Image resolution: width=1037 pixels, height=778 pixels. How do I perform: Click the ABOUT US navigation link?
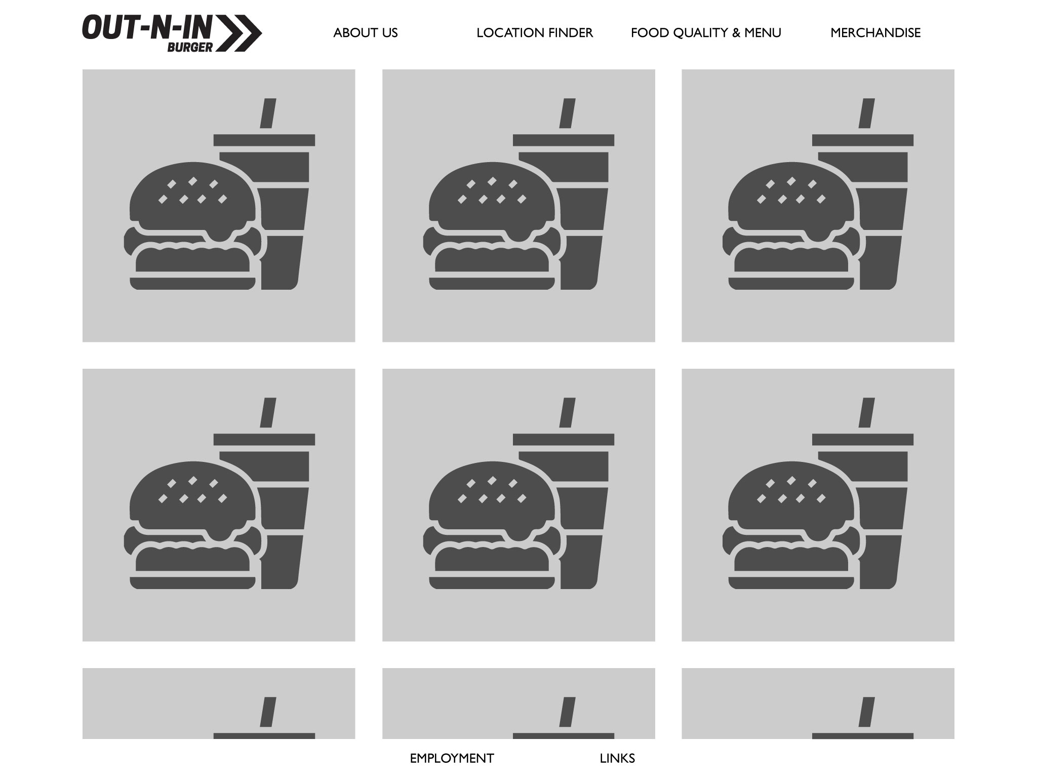[365, 33]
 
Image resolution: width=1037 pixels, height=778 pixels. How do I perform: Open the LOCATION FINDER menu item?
[535, 33]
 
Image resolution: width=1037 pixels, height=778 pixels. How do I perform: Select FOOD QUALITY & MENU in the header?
[706, 33]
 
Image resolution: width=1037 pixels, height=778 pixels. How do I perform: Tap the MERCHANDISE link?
[875, 33]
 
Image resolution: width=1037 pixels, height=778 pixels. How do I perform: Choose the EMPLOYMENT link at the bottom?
[452, 758]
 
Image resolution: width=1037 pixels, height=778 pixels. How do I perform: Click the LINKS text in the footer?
[617, 758]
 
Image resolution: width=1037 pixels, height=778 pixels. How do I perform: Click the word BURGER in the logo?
[190, 47]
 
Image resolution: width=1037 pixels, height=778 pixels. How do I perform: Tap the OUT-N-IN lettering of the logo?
[147, 27]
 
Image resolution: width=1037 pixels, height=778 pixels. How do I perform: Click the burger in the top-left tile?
[192, 226]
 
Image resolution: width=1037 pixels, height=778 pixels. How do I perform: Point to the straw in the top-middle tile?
[567, 113]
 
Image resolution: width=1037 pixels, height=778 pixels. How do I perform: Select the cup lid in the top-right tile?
[863, 140]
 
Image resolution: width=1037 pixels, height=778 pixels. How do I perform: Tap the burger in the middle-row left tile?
[192, 525]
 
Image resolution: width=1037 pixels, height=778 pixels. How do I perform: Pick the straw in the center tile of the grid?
[567, 412]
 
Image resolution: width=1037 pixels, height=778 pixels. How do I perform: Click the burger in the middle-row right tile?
[791, 525]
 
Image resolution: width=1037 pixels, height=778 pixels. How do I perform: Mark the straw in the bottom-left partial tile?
[268, 712]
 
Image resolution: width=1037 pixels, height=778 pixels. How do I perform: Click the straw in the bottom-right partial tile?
[867, 712]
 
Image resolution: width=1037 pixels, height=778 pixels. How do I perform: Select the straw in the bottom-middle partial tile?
[567, 712]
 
